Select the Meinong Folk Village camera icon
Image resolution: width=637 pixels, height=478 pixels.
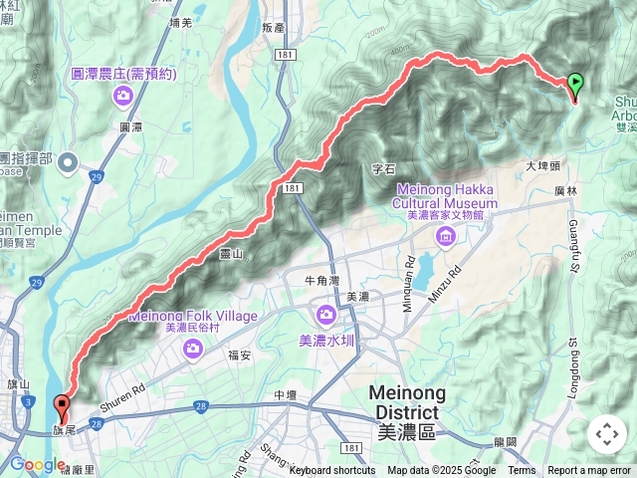pos(193,347)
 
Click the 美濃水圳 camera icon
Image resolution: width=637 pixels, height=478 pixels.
pos(326,316)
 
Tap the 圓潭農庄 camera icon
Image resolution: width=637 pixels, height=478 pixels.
pos(123,96)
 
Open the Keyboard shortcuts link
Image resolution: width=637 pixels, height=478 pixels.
pos(332,471)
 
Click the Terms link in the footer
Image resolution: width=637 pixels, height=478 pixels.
pos(522,471)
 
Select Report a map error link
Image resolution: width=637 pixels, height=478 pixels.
pos(589,471)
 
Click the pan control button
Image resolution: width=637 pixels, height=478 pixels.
pos(607,433)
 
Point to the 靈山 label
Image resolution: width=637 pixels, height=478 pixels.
pos(233,254)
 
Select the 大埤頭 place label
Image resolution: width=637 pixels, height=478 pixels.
pos(545,167)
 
